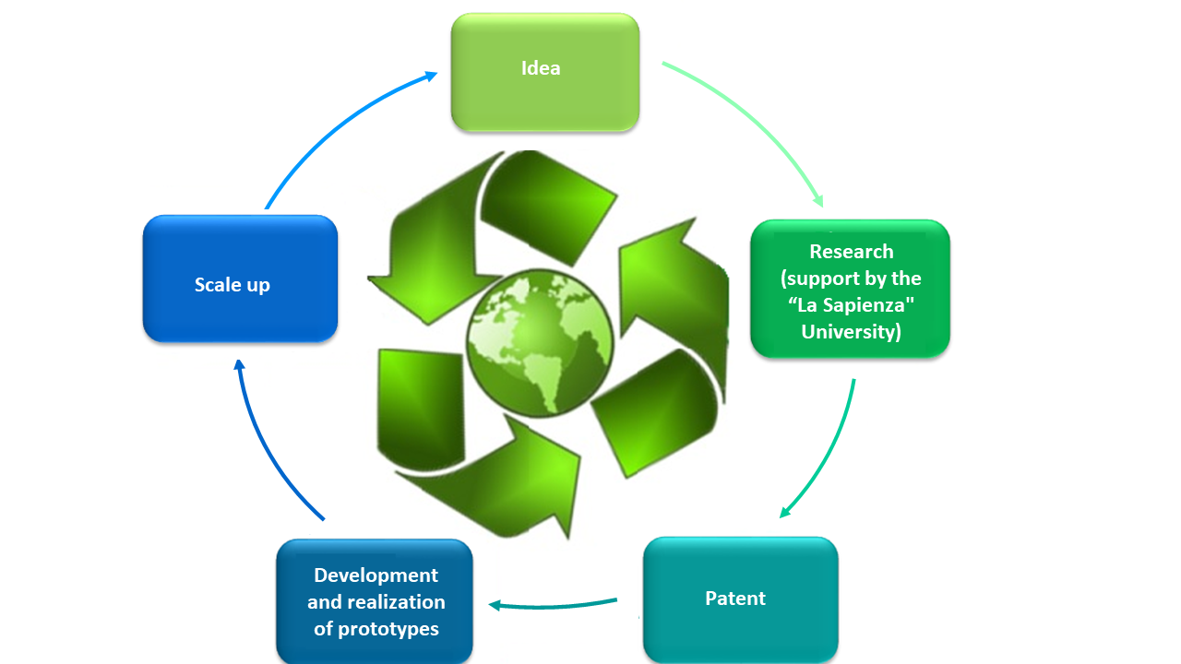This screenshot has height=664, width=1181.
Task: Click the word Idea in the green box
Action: pyautogui.click(x=541, y=68)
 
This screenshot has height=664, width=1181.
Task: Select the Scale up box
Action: pyautogui.click(x=241, y=279)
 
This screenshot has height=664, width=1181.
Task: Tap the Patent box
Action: pyautogui.click(x=741, y=599)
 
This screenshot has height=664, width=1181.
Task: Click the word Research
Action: pyautogui.click(x=852, y=252)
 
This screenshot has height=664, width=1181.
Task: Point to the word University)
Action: pyautogui.click(x=852, y=332)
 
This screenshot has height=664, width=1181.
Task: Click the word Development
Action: pyautogui.click(x=376, y=575)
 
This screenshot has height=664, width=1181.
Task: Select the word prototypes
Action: pyautogui.click(x=388, y=629)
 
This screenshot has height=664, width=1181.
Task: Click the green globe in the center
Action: pyautogui.click(x=540, y=343)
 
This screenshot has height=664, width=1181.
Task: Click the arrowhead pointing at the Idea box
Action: pyautogui.click(x=431, y=77)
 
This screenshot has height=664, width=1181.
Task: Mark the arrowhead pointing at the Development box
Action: pyautogui.click(x=495, y=606)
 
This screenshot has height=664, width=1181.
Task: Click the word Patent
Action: pyautogui.click(x=735, y=599)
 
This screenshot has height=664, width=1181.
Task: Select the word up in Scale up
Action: pyautogui.click(x=257, y=286)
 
